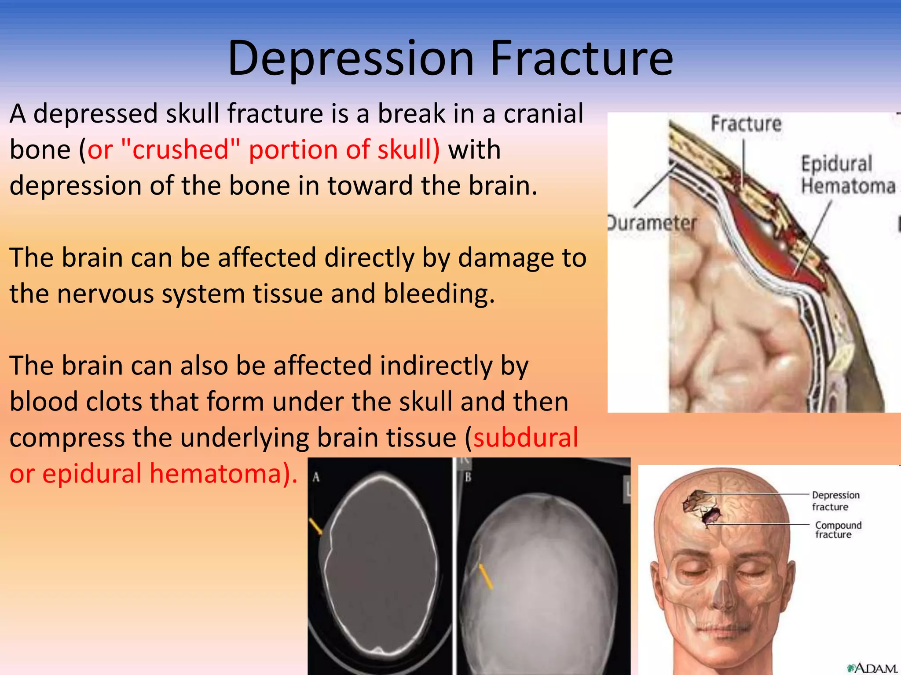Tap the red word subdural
525,438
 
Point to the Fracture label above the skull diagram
746,124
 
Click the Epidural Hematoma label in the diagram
847,175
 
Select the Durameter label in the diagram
652,223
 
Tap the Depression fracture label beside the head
835,501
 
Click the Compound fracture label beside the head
838,530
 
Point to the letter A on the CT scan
316,477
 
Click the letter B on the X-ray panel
468,477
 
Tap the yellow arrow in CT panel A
315,526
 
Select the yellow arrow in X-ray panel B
486,576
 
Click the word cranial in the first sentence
543,113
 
